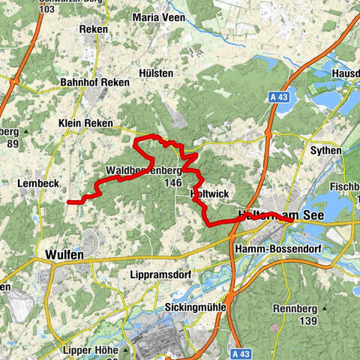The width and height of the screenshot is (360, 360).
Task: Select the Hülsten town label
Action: (x=155, y=73)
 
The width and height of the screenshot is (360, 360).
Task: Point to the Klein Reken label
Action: (x=86, y=123)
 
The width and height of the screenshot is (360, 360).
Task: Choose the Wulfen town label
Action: (x=64, y=254)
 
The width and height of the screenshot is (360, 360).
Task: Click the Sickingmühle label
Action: (x=195, y=307)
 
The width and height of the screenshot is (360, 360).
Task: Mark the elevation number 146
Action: (x=172, y=182)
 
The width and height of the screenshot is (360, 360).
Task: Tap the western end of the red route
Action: (x=69, y=202)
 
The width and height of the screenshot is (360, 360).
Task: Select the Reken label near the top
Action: (x=94, y=29)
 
